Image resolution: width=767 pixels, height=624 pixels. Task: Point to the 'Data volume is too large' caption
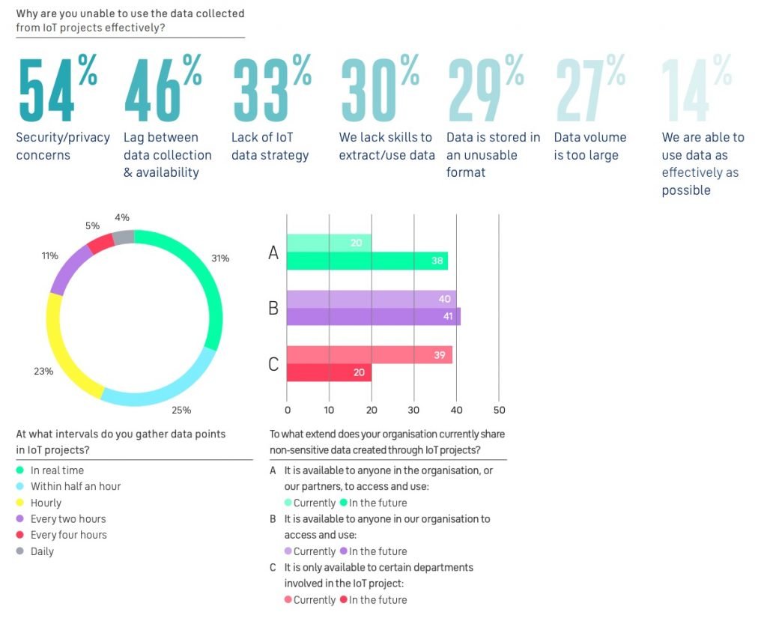click(x=590, y=146)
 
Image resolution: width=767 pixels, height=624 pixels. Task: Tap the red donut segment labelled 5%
click(x=99, y=244)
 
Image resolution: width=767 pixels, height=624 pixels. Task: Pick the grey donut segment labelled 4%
click(x=124, y=237)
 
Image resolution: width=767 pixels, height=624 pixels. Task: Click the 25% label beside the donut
click(x=181, y=410)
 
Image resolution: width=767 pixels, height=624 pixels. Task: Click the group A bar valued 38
click(x=367, y=261)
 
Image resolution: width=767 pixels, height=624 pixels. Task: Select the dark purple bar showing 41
click(x=373, y=317)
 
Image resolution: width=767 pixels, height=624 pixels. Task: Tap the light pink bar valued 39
click(x=369, y=354)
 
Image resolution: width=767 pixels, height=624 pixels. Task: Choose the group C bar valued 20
click(x=329, y=372)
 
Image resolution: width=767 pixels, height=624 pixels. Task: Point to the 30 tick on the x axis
click(x=413, y=410)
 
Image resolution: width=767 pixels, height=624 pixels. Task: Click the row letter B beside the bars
click(x=273, y=308)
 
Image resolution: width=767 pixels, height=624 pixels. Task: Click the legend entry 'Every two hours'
click(x=67, y=518)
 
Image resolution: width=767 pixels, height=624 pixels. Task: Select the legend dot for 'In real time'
click(x=20, y=470)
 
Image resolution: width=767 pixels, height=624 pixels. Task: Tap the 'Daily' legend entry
click(x=42, y=551)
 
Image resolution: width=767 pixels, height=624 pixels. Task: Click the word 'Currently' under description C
click(x=314, y=600)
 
